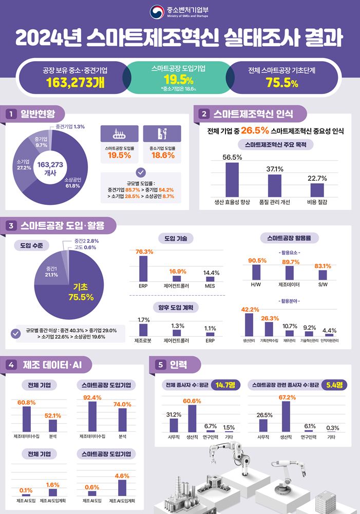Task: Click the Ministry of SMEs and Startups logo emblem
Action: (x=157, y=12)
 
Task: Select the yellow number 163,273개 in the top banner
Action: (x=75, y=83)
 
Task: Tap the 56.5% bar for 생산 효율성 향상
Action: (x=232, y=180)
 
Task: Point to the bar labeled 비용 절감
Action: (x=317, y=190)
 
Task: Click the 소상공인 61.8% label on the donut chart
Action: (x=72, y=183)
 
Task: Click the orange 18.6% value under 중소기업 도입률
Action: (x=163, y=156)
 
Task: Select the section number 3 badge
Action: (x=11, y=225)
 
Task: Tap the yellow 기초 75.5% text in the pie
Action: (x=81, y=292)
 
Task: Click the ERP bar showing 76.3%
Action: (x=143, y=269)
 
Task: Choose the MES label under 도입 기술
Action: (x=210, y=286)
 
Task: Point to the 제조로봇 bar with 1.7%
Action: (x=143, y=330)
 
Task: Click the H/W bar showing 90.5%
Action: (x=256, y=272)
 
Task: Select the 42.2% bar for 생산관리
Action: (x=249, y=325)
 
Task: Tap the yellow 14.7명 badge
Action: (x=225, y=385)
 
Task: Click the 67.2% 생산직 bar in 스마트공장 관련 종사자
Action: (x=286, y=416)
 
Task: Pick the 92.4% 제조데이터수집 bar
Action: (x=92, y=416)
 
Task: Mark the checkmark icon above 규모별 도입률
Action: (x=141, y=173)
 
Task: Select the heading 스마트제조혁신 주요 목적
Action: (x=275, y=145)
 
